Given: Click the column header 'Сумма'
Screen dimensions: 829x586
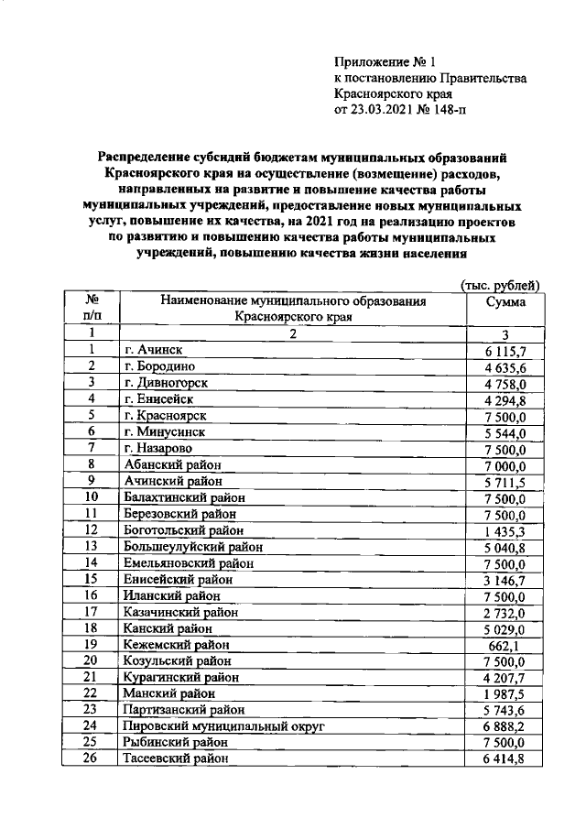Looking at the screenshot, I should coord(505,301).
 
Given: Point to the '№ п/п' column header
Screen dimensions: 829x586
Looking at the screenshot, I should coord(92,309).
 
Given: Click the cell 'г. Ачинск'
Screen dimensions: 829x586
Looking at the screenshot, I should coord(153,350).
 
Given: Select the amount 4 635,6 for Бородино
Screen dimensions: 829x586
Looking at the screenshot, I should coord(505,366).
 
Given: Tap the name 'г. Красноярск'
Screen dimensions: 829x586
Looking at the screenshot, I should coord(165,414).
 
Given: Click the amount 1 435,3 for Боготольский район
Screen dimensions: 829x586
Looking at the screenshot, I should coord(505,529).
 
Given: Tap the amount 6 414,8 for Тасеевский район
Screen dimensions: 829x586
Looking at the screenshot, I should coord(505,757).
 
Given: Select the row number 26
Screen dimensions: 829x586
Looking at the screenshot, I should coord(92,757).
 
